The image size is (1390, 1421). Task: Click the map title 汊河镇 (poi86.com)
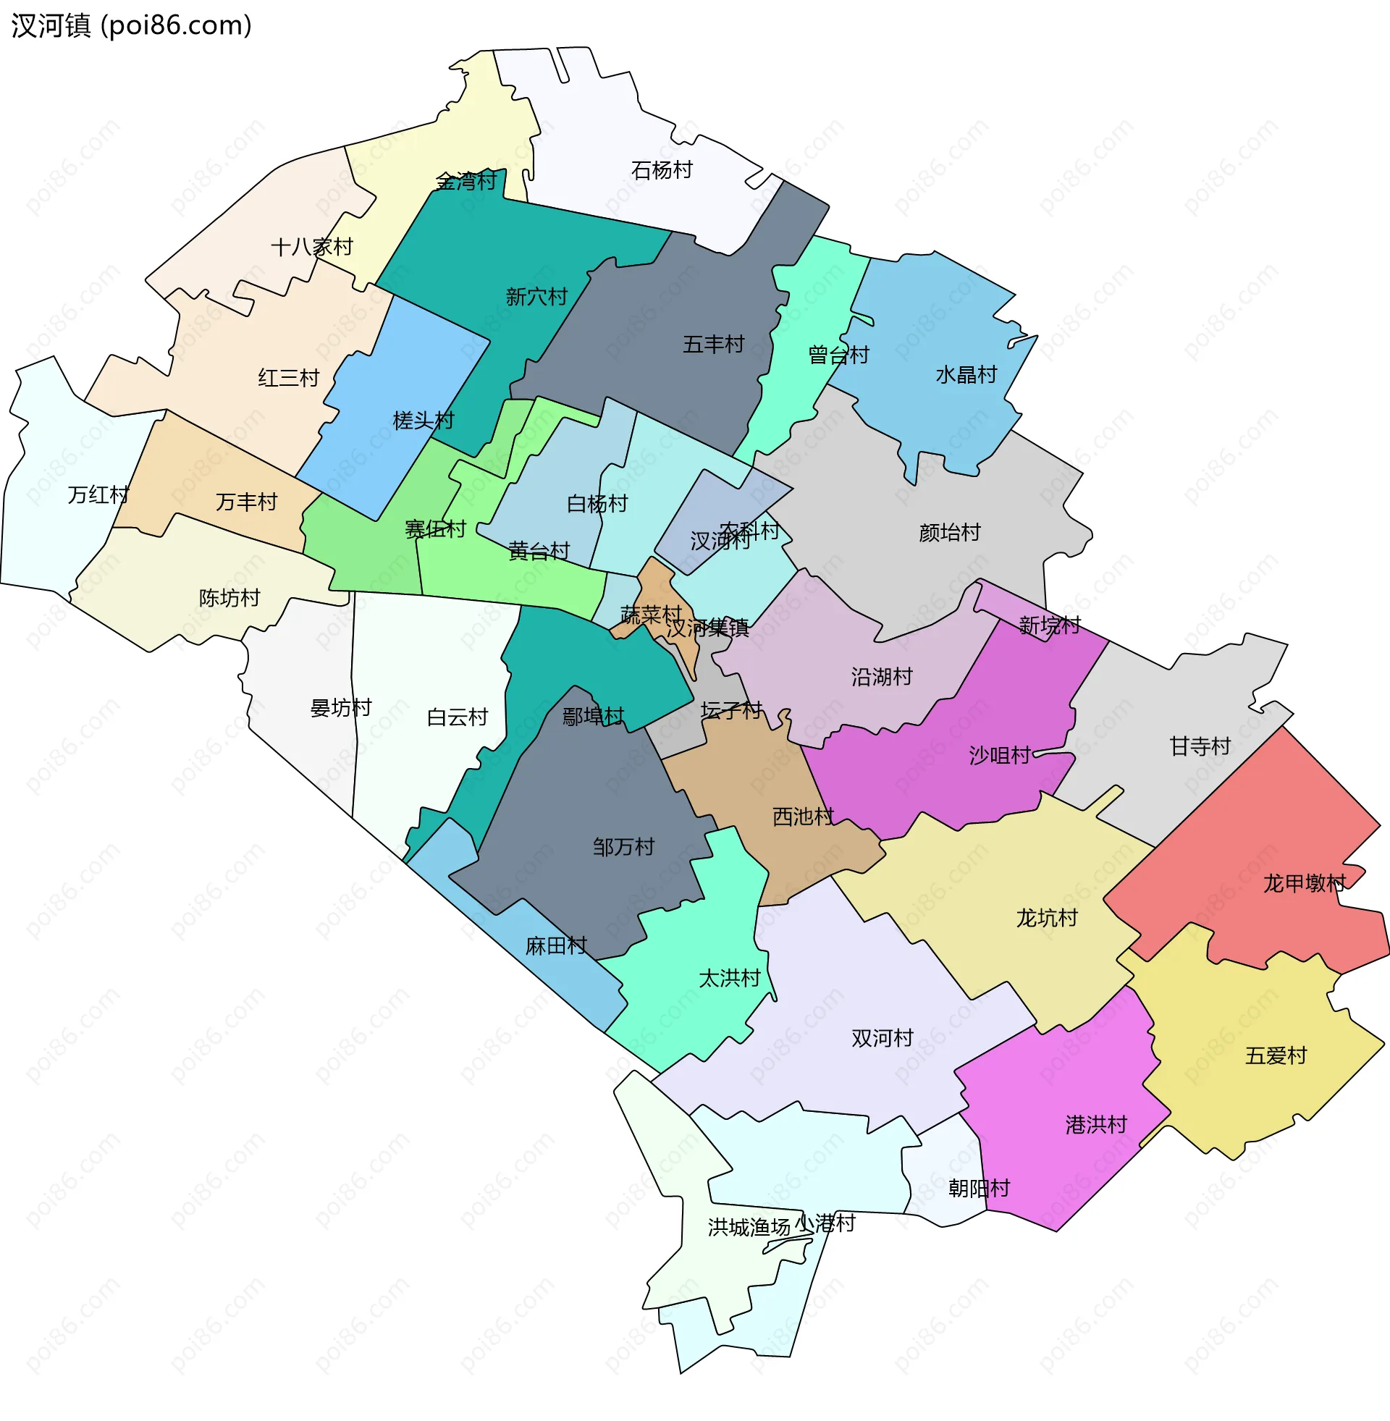pos(132,25)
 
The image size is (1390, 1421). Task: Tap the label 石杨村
pos(662,170)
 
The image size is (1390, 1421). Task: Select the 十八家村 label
pos(312,247)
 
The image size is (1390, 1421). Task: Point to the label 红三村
pos(288,378)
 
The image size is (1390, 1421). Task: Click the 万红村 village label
pos(98,495)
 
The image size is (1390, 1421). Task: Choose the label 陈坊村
pos(229,598)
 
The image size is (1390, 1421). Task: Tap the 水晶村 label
pos(966,374)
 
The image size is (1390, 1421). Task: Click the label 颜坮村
pos(949,533)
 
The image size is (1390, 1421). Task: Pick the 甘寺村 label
pos(1200,746)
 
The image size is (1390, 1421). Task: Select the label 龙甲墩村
pos(1304,883)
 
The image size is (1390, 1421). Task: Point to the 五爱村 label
pos(1276,1055)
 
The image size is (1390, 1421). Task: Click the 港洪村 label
pos(1096,1124)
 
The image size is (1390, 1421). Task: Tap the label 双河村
pos(882,1038)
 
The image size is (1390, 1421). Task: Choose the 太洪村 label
pos(729,978)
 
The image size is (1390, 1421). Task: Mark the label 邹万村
pos(623,847)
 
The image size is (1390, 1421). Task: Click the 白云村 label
pos(457,717)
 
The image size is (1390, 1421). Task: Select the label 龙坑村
pos(1046,917)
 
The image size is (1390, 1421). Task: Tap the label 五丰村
pos(713,344)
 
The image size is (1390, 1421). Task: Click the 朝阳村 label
pos(978,1188)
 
